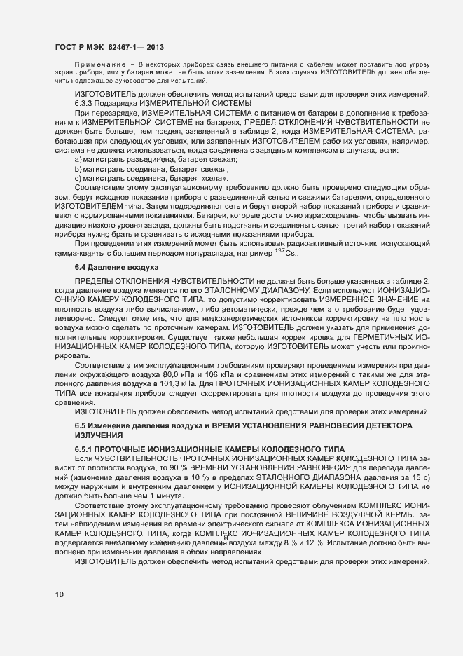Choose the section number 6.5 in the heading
[80, 426]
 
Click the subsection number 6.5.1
[83, 448]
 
